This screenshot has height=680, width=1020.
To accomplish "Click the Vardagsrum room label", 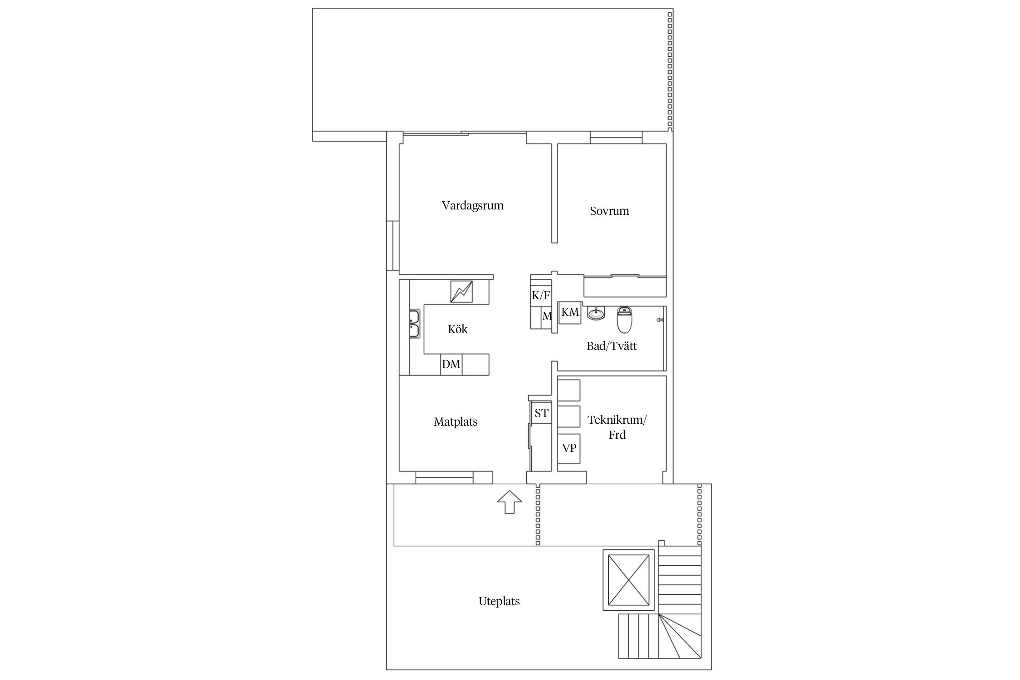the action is (x=472, y=206).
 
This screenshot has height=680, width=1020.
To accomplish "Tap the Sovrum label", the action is (x=609, y=211).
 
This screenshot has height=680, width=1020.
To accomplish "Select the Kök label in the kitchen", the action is (x=457, y=329).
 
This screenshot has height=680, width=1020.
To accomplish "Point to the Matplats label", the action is (x=456, y=422).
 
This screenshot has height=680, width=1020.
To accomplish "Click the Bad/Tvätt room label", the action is (x=612, y=346).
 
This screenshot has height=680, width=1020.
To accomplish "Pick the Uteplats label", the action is (x=499, y=602).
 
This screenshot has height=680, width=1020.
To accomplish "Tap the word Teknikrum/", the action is (x=617, y=420).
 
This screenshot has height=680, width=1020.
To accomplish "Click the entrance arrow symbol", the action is (x=510, y=502).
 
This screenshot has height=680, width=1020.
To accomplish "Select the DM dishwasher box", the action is (x=451, y=364).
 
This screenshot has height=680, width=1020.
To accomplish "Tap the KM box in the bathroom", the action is (x=570, y=312).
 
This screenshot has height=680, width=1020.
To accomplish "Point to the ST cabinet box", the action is (x=541, y=413).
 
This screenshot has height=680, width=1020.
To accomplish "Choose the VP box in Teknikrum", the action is (x=569, y=448).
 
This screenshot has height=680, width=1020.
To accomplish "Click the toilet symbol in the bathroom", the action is (x=624, y=320).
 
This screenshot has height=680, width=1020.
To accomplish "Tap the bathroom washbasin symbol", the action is (x=596, y=313).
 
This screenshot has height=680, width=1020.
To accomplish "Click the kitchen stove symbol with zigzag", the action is (x=461, y=291).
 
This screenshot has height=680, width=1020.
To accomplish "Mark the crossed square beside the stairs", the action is (x=629, y=580).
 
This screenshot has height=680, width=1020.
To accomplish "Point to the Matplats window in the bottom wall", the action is (x=444, y=477).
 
